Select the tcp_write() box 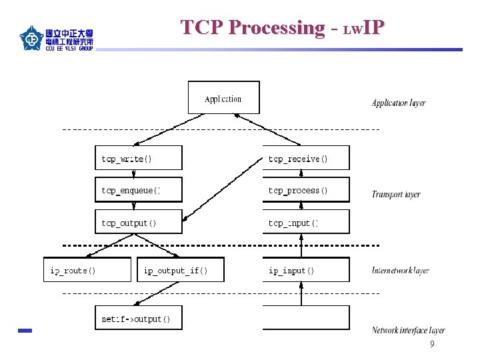pos(138,158)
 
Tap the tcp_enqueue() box pos(138,190)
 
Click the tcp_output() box pos(138,222)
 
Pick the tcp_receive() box pos(305,158)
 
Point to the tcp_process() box pos(305,190)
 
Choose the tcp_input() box pos(305,222)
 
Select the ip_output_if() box pos(181,270)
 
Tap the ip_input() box pos(305,270)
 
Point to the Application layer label pos(398,103)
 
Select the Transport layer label pos(396,195)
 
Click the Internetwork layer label pos(400,271)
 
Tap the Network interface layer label pos(408,330)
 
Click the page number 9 pos(432,345)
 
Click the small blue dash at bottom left pos(25,331)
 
